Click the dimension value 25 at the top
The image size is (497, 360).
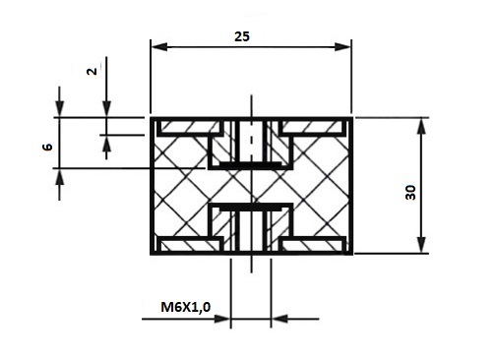click(x=242, y=36)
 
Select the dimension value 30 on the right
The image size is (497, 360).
click(x=410, y=193)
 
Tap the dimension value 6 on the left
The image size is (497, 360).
click(x=47, y=147)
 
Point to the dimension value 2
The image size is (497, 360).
click(x=93, y=71)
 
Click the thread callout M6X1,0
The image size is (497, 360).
click(x=186, y=307)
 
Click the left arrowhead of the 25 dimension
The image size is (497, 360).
click(x=159, y=47)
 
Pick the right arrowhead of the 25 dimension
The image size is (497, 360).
click(x=342, y=47)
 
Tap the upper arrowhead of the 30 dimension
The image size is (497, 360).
click(x=422, y=126)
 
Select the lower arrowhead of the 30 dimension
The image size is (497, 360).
click(x=422, y=245)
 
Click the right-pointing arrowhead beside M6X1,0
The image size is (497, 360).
click(x=221, y=319)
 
